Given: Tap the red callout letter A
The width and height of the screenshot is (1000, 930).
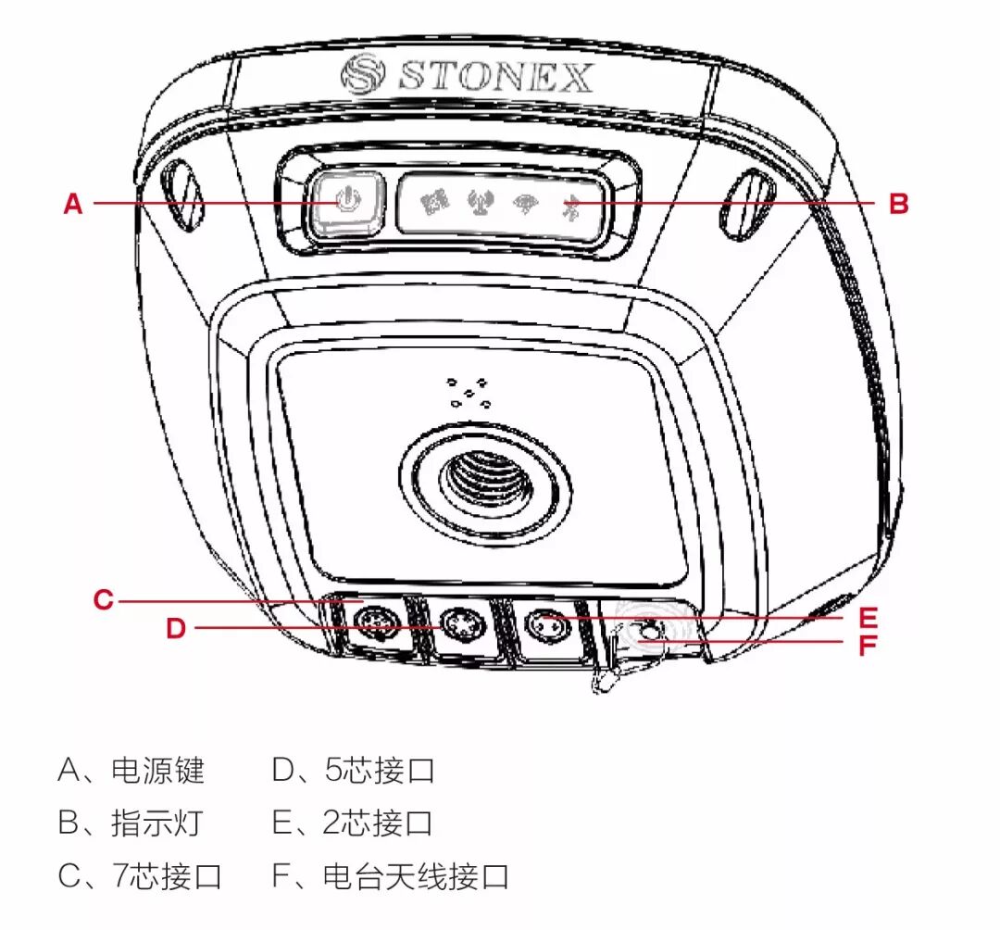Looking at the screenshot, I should [x=73, y=204].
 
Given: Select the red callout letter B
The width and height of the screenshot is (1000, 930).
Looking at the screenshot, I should [x=898, y=204].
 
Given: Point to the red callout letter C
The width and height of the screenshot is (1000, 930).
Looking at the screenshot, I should [x=103, y=600].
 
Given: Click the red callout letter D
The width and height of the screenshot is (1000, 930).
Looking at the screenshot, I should [x=176, y=629].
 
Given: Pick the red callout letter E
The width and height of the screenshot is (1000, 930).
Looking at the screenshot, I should [x=867, y=616].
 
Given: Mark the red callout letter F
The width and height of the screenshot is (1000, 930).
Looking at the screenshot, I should [x=867, y=645].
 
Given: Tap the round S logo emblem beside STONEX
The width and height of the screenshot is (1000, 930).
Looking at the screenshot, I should [x=361, y=74].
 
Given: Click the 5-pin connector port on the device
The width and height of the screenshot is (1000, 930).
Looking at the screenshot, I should [x=459, y=627].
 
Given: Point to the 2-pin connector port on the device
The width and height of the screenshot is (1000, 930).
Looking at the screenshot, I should [x=544, y=625].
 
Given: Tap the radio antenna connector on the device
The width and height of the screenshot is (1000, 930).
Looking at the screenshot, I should [x=648, y=634].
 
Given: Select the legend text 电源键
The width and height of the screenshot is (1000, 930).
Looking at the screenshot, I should [x=157, y=771].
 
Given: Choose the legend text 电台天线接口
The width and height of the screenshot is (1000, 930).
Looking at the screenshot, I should [x=417, y=875].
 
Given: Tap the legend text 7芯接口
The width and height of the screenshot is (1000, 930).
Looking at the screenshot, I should [x=168, y=875].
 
